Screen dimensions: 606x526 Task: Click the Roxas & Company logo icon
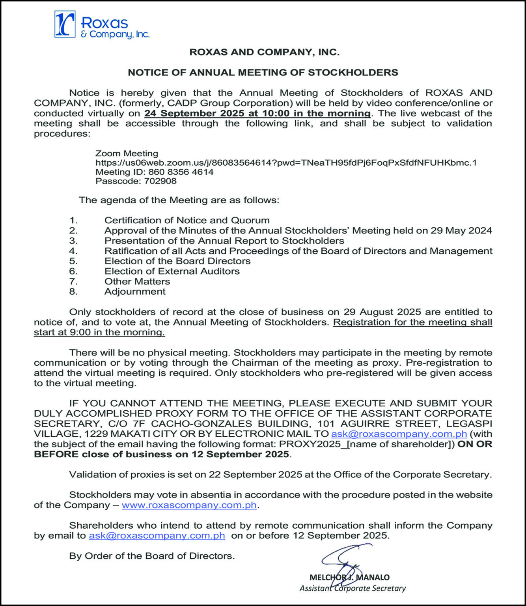[65, 24]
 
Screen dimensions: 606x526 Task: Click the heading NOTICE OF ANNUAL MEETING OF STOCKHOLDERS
[263, 73]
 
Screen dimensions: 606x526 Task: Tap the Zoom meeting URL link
[286, 163]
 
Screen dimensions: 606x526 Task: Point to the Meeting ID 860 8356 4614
[181, 172]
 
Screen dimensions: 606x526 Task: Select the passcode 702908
[160, 181]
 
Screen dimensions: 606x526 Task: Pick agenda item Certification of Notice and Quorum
[187, 220]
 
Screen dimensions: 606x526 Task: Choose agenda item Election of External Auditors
[172, 271]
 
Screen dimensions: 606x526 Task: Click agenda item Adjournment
[135, 292]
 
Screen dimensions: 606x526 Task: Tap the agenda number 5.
[73, 261]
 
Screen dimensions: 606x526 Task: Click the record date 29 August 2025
[382, 312]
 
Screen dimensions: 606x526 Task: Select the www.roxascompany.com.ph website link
[189, 505]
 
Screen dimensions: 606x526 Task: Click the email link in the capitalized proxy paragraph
[399, 434]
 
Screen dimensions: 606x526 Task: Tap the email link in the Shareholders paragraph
[157, 536]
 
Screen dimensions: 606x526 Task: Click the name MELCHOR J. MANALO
[349, 578]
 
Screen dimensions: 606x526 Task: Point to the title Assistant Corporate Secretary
[353, 588]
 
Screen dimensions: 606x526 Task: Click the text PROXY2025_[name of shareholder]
[367, 444]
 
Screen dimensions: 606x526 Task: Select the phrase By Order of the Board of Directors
[152, 556]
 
